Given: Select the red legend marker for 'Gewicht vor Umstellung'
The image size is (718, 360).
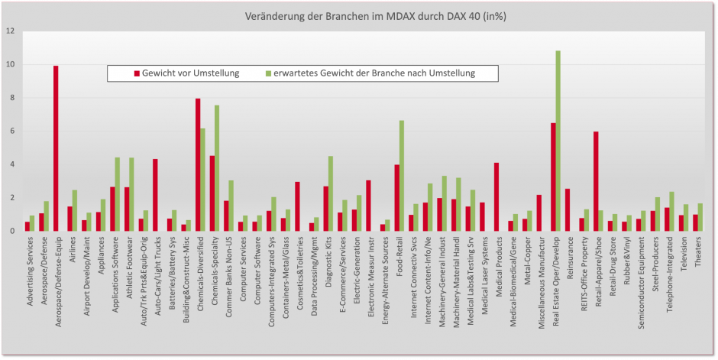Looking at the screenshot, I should (137, 73).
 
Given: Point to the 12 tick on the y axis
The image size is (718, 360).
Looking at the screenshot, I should (10, 31).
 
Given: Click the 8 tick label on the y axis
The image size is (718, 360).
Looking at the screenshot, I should (11, 98).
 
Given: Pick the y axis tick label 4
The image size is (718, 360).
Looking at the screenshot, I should (11, 164).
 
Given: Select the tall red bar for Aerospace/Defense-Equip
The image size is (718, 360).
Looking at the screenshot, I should (56, 148).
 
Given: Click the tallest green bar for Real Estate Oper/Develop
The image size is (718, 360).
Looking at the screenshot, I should (558, 141).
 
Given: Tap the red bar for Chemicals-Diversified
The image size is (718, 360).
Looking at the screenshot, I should (198, 164).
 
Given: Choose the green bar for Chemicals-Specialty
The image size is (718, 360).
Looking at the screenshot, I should (217, 168).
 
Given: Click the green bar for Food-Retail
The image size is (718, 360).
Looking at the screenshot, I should (401, 176).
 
